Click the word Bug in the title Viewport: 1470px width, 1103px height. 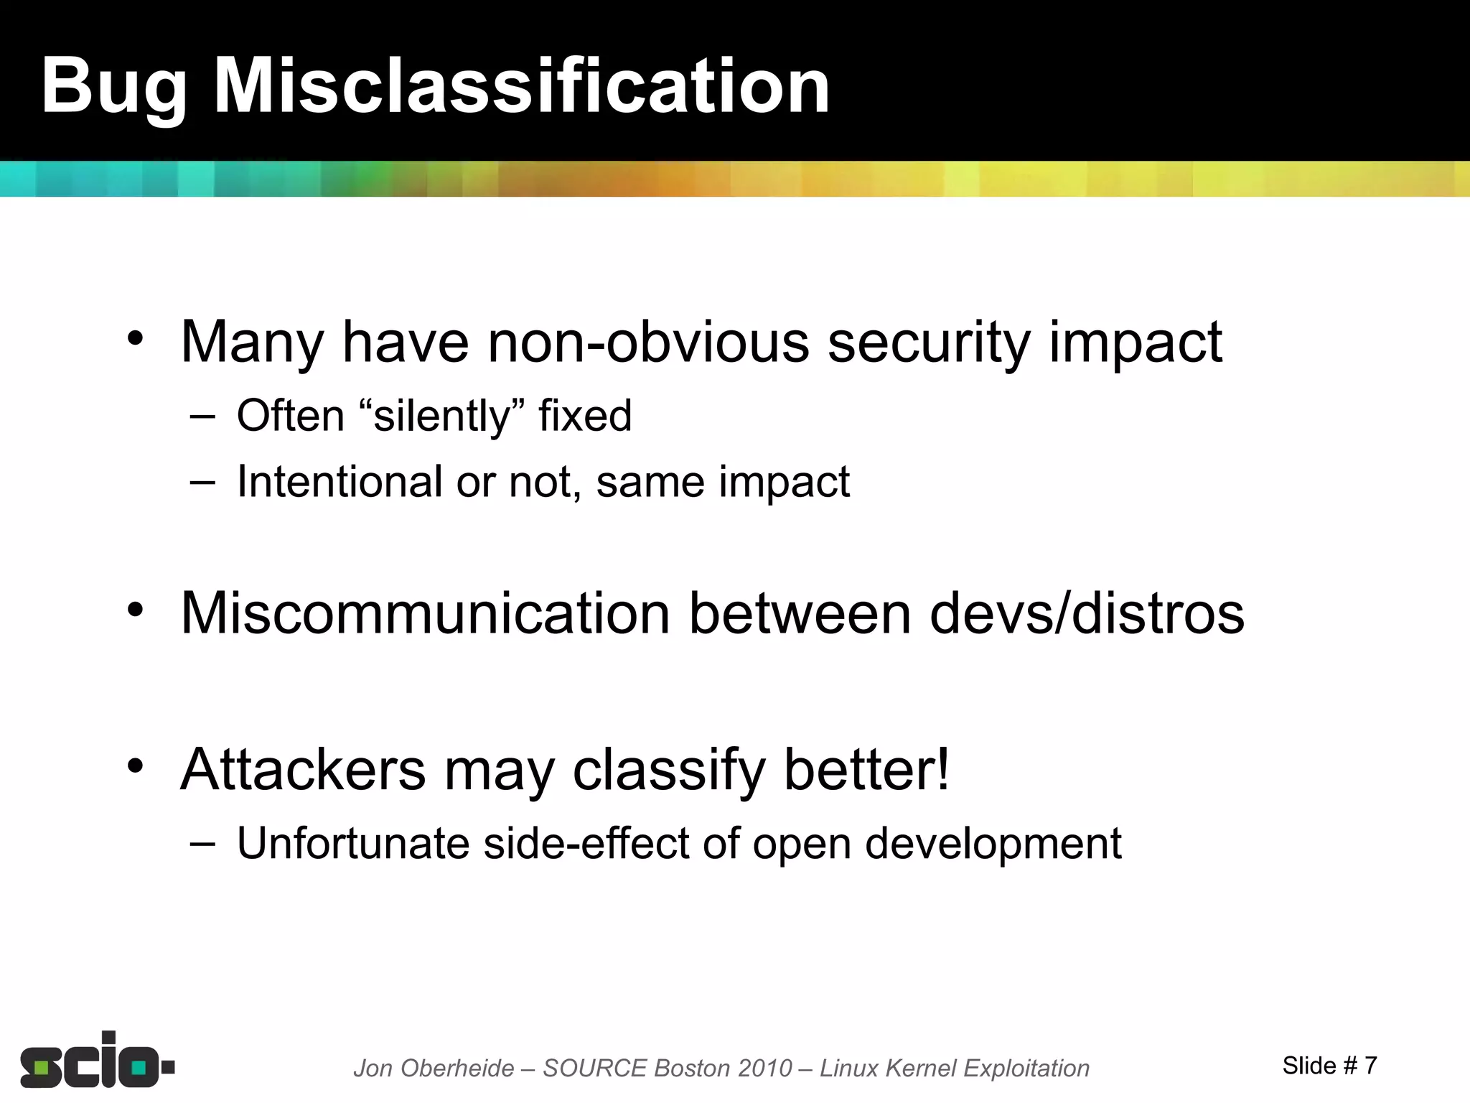tap(113, 88)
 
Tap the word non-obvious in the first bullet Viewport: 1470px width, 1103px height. tap(648, 342)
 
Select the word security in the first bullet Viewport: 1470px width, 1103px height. tap(929, 343)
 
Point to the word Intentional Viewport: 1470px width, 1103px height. tap(339, 481)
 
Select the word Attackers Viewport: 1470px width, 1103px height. tap(303, 770)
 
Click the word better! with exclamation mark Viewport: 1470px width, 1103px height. tap(866, 770)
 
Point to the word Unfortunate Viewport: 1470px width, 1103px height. tap(353, 843)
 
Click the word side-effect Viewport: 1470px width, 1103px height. tap(586, 843)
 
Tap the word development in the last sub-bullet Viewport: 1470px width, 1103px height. tap(993, 844)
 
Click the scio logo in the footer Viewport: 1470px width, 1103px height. tap(97, 1060)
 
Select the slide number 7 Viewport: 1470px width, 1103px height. tap(1370, 1066)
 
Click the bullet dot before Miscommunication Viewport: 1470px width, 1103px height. tap(135, 610)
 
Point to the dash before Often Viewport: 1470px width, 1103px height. tap(203, 416)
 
